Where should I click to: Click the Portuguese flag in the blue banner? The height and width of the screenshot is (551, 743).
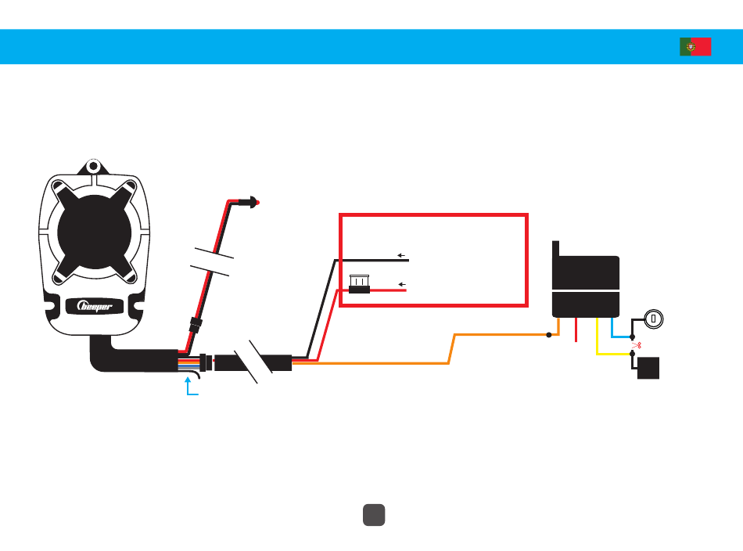click(695, 47)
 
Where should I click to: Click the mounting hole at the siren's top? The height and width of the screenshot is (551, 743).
click(93, 167)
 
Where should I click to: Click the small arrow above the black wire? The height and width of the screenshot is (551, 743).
click(401, 255)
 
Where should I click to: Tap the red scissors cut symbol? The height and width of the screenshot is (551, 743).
click(636, 344)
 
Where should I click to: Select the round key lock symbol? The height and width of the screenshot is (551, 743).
click(653, 319)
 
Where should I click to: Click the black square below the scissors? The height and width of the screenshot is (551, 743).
click(648, 368)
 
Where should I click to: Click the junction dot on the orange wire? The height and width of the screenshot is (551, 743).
click(549, 335)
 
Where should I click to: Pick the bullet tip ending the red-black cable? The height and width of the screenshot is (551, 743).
click(254, 202)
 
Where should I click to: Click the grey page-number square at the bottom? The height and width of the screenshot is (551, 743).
click(374, 513)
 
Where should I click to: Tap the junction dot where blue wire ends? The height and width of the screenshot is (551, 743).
click(632, 337)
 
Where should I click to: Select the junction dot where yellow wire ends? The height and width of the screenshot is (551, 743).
click(632, 355)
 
